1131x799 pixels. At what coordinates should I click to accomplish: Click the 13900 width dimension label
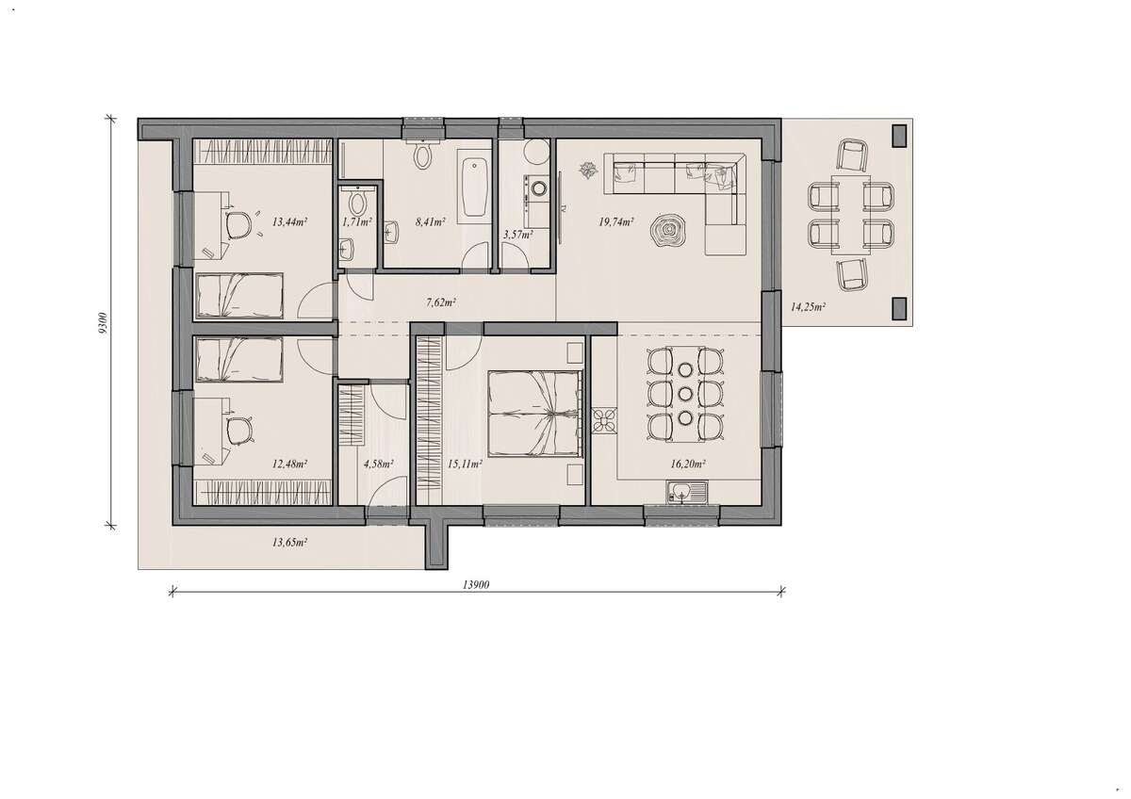pos(476,585)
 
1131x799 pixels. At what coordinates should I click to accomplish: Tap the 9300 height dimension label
pos(104,323)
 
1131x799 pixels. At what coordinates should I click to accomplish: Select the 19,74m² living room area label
pos(616,221)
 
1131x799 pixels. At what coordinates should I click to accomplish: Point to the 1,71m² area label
pos(357,221)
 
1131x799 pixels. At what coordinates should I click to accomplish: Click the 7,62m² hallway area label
pos(441,302)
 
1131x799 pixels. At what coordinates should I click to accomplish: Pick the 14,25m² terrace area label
pos(808,306)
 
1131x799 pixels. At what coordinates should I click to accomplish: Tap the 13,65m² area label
pos(290,543)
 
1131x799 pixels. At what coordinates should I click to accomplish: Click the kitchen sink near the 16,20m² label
pos(688,493)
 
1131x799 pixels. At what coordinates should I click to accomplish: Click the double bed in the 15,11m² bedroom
pos(535,413)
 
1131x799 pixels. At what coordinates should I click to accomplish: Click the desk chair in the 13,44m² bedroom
pos(239,225)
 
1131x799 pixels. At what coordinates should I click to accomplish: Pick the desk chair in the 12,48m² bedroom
pos(239,432)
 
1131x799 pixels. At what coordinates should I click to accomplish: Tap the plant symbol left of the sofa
pos(588,169)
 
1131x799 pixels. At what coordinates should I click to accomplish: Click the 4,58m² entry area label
pos(379,464)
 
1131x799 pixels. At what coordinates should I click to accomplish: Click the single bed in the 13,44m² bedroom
pos(239,296)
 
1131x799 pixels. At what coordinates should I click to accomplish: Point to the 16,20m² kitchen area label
pos(688,464)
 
